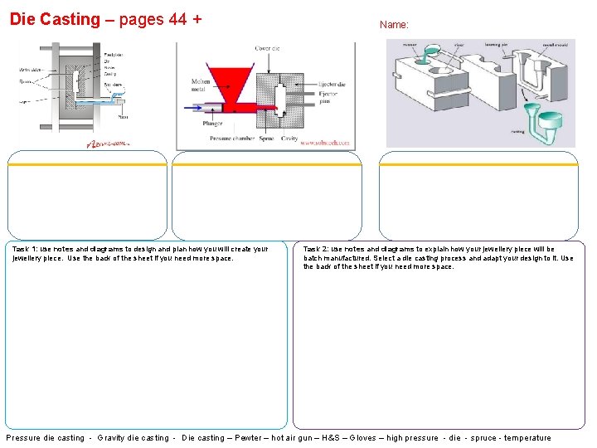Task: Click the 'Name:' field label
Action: point(394,25)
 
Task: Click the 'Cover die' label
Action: point(268,49)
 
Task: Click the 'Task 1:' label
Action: point(25,249)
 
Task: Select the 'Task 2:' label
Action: point(316,249)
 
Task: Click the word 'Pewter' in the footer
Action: point(249,438)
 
